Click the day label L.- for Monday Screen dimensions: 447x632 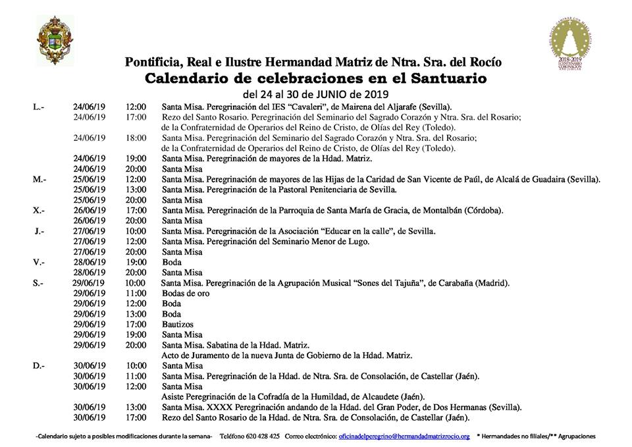click(38, 107)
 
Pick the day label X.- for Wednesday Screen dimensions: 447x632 click(38, 211)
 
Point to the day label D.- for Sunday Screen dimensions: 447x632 click(38, 365)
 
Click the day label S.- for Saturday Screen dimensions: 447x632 click(38, 283)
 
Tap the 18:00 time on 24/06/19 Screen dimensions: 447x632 click(136, 138)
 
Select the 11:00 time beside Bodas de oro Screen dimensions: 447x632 click(136, 293)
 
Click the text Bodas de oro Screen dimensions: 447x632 click(186, 293)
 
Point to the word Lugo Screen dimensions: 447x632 click(357, 242)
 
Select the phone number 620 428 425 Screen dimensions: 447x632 click(258, 436)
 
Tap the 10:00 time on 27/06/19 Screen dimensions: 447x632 click(136, 231)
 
